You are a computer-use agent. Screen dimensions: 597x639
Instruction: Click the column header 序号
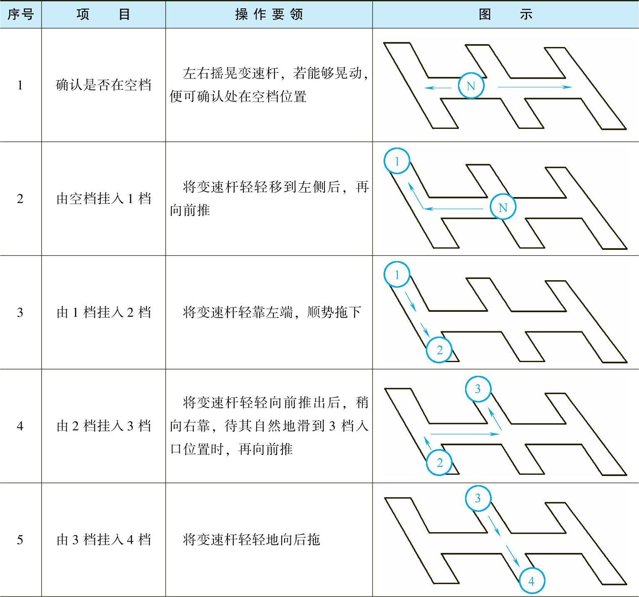pyautogui.click(x=20, y=15)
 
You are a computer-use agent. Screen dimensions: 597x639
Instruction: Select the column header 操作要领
pyautogui.click(x=269, y=15)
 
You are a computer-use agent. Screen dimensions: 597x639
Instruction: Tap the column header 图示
pyautogui.click(x=505, y=15)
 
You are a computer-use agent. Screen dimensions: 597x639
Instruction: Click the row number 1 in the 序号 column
pyautogui.click(x=20, y=85)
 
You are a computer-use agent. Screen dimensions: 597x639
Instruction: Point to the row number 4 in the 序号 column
pyautogui.click(x=20, y=426)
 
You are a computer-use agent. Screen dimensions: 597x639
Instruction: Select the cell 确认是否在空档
pyautogui.click(x=104, y=85)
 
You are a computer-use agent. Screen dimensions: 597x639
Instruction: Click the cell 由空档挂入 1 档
pyautogui.click(x=104, y=199)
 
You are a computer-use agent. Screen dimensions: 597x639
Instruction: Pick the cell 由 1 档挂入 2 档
pyautogui.click(x=104, y=312)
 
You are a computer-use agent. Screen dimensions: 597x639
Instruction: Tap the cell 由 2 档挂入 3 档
pyautogui.click(x=104, y=426)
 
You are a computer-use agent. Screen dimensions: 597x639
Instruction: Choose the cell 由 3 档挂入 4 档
pyautogui.click(x=104, y=540)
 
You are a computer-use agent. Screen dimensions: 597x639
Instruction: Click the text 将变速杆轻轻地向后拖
pyautogui.click(x=251, y=540)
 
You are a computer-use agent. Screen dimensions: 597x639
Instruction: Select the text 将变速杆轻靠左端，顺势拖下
pyautogui.click(x=271, y=312)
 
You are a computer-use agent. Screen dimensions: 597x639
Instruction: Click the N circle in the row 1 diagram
pyautogui.click(x=471, y=86)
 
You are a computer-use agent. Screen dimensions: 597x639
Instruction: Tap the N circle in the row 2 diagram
pyautogui.click(x=503, y=207)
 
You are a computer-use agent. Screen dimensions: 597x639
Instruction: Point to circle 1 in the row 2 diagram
pyautogui.click(x=397, y=161)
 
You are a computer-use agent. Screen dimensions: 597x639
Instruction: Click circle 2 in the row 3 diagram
pyautogui.click(x=439, y=350)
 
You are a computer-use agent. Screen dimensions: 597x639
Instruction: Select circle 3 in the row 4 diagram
pyautogui.click(x=478, y=389)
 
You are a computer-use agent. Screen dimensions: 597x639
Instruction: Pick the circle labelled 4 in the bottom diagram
pyautogui.click(x=531, y=581)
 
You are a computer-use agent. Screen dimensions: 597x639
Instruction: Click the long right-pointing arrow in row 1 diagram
pyautogui.click(x=535, y=87)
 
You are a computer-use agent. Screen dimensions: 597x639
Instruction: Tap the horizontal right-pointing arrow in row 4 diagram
pyautogui.click(x=465, y=434)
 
